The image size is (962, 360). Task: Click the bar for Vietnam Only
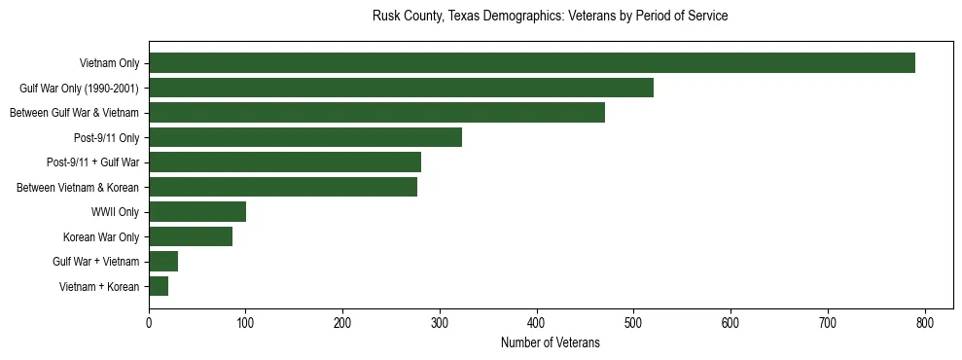(x=531, y=63)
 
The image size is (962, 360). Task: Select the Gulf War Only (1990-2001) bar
(x=401, y=88)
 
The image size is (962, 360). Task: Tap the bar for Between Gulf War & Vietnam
(x=376, y=113)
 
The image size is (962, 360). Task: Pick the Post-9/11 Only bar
(x=305, y=137)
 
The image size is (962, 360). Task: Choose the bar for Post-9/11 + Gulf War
(x=285, y=162)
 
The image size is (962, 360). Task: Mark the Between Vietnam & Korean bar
(x=283, y=187)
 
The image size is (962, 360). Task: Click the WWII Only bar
(x=197, y=212)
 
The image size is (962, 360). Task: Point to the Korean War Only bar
(x=191, y=236)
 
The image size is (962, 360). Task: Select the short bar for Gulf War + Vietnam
(x=163, y=262)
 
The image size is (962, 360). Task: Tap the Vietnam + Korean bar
(x=159, y=286)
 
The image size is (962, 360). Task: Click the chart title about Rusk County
(x=550, y=17)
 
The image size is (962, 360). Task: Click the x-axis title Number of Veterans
(x=550, y=343)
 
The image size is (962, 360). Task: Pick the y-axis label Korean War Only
(x=101, y=236)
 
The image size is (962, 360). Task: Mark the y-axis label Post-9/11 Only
(x=106, y=137)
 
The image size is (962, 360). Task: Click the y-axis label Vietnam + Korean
(x=99, y=286)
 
